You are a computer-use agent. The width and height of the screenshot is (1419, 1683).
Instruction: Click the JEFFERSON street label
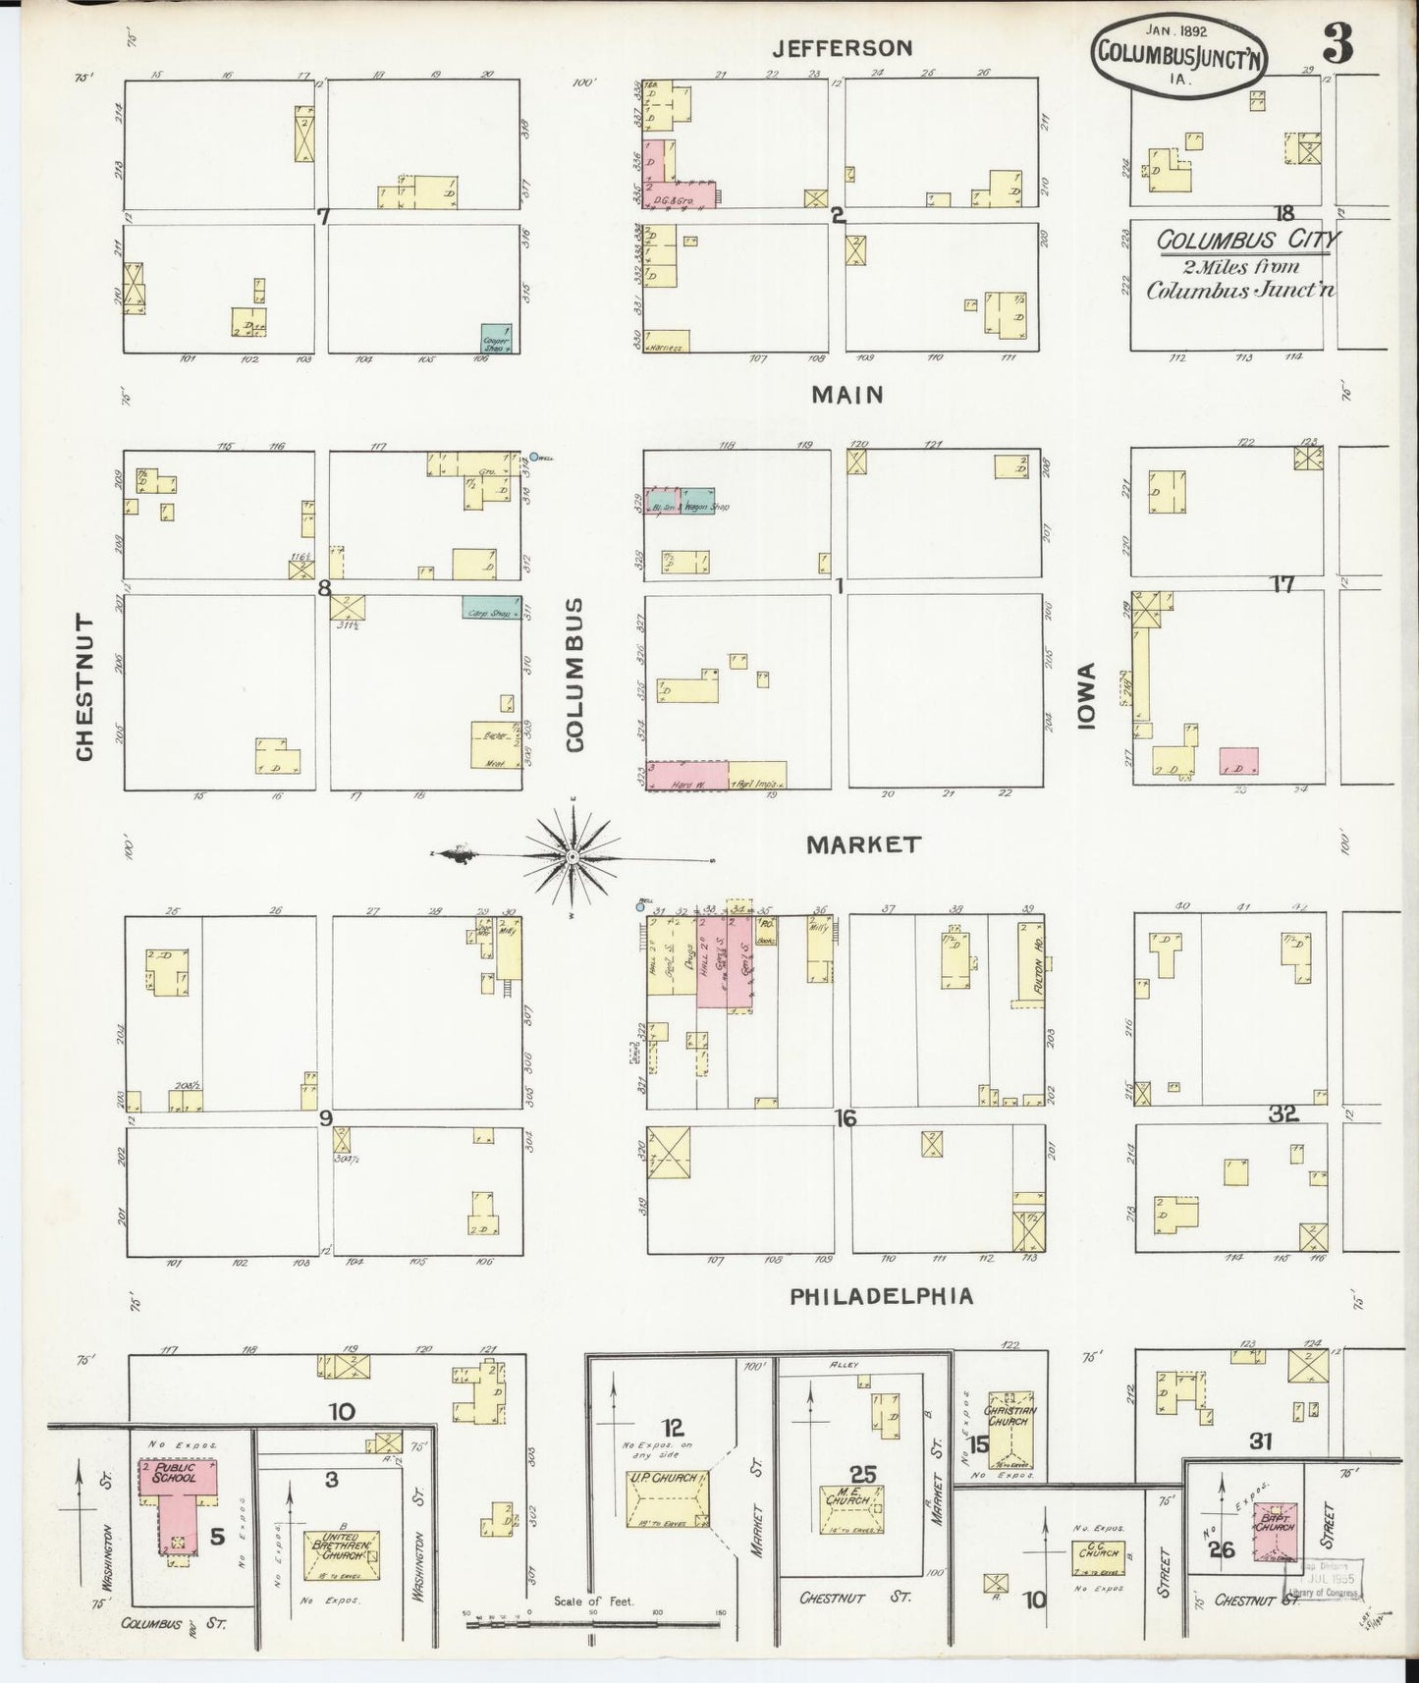click(842, 47)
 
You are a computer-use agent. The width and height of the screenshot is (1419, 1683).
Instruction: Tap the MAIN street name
click(847, 395)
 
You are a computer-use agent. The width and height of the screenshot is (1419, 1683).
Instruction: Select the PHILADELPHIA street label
click(882, 1296)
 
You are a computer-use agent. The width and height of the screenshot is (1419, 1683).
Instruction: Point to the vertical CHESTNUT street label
click(84, 687)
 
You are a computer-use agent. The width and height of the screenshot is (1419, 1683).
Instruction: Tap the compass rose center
click(573, 857)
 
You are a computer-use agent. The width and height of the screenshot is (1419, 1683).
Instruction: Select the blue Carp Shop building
click(490, 607)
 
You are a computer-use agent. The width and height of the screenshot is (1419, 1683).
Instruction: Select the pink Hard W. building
click(686, 775)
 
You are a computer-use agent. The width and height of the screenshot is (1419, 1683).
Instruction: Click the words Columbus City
click(1241, 240)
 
